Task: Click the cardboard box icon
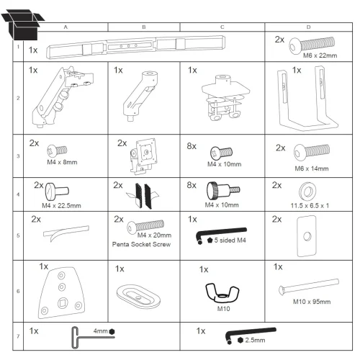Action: (23, 24)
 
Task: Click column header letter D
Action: (308, 27)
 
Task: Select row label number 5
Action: (18, 235)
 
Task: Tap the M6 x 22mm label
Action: (320, 55)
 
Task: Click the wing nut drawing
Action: (222, 292)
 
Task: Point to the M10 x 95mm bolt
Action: (309, 286)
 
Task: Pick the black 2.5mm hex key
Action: (250, 334)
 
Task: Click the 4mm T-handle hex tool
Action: (92, 337)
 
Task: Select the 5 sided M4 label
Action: (230, 240)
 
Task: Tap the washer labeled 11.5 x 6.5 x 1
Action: (307, 192)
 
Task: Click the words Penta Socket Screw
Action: (141, 244)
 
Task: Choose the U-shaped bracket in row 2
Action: (308, 99)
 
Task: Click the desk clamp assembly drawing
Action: (225, 98)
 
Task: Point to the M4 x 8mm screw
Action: (57, 151)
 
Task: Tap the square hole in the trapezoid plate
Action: (63, 303)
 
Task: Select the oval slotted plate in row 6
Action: (138, 296)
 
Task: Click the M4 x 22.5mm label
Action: (61, 206)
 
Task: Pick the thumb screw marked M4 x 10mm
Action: (223, 191)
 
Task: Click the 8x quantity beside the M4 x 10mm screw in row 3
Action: (192, 146)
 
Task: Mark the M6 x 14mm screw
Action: (312, 152)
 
